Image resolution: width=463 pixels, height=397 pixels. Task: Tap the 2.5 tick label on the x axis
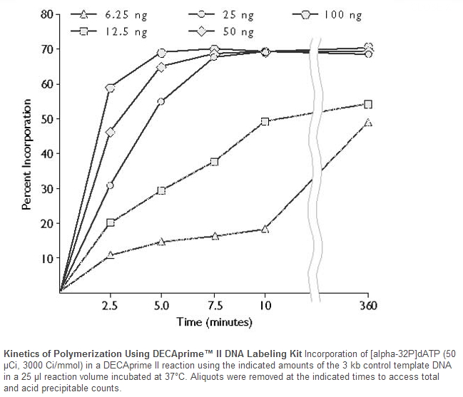[110, 306]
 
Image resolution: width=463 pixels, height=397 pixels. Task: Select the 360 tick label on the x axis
[367, 306]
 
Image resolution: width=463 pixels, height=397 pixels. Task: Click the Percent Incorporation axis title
[26, 153]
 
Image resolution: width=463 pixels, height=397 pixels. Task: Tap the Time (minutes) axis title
[214, 323]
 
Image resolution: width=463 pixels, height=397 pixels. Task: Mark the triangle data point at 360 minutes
[367, 123]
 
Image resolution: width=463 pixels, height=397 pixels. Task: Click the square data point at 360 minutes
[368, 104]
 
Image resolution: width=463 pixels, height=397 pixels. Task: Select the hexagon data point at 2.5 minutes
[110, 88]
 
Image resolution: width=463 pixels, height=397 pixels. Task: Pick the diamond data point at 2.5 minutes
[110, 132]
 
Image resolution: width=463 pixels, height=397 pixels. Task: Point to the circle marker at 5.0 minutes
[161, 101]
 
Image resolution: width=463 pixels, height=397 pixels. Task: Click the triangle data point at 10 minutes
[265, 230]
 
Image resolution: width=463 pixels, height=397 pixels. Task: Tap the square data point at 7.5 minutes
[214, 162]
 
